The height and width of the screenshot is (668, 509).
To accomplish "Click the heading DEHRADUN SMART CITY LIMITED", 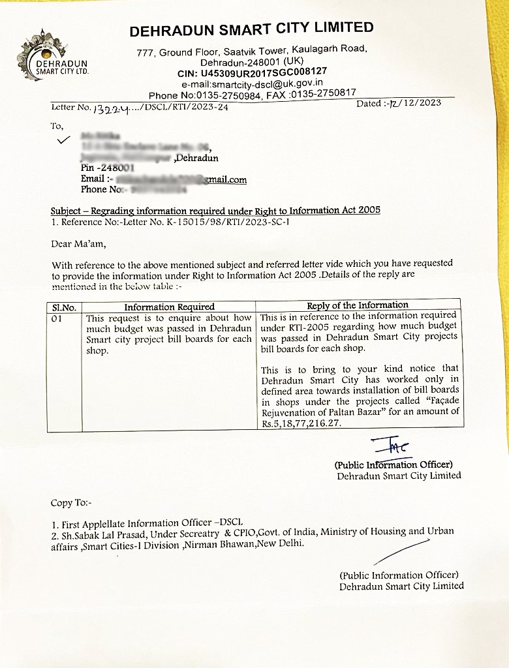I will [251, 29].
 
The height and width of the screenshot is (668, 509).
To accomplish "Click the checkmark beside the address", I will [63, 139].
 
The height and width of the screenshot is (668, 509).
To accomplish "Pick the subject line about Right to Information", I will [215, 211].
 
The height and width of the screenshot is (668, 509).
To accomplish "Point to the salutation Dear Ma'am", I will [77, 245].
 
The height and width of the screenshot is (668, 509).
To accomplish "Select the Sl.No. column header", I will [64, 307].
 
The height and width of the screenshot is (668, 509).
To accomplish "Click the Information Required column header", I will [169, 307].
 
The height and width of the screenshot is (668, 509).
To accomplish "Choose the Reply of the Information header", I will [357, 305].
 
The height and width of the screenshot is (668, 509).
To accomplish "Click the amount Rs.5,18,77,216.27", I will [301, 423].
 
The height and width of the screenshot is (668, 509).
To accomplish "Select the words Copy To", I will [71, 503].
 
